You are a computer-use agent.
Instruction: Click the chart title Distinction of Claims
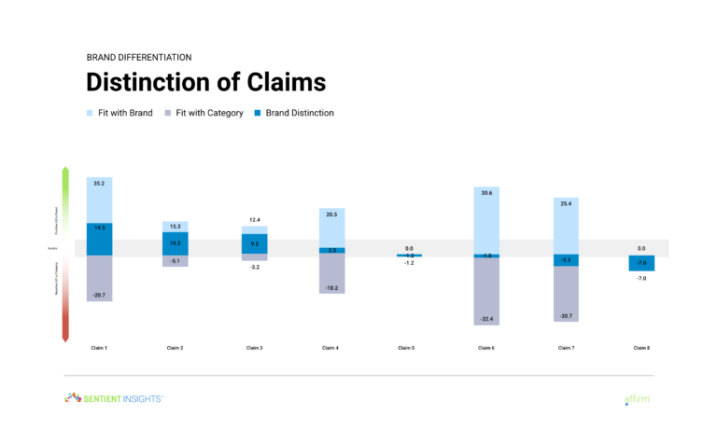tap(205, 82)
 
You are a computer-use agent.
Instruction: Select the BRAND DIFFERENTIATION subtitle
tap(139, 56)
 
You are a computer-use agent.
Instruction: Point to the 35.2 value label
tap(99, 184)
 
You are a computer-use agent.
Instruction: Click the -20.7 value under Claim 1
tap(99, 295)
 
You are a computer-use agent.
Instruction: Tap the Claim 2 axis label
tap(175, 348)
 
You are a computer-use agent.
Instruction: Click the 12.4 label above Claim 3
tap(255, 220)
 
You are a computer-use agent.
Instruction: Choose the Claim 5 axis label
tap(407, 348)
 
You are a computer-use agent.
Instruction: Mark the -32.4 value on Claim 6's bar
tap(486, 319)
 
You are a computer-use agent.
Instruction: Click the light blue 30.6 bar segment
tap(486, 219)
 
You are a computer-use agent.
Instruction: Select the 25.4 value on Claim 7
tap(565, 203)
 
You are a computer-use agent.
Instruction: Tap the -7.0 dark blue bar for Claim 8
tap(641, 263)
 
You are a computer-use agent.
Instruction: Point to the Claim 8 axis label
tap(642, 348)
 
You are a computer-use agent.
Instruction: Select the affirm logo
tap(637, 399)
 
